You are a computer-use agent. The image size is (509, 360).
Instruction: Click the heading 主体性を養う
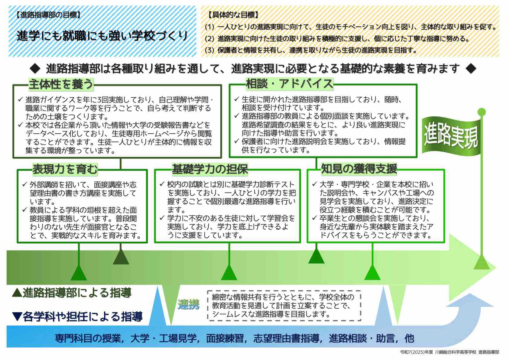coord(61,84)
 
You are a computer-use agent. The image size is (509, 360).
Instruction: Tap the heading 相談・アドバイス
coord(290,84)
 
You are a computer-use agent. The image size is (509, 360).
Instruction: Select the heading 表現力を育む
coord(65,169)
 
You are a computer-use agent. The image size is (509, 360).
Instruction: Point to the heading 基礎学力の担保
coord(210,169)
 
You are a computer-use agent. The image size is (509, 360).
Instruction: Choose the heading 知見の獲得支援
coord(359,169)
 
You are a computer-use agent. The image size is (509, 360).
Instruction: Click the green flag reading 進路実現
coord(451,136)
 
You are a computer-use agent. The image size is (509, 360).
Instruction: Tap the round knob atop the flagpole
coord(481,112)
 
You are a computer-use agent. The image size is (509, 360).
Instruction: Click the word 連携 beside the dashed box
coord(189,305)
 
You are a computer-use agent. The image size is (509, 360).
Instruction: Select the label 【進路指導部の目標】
coord(48,15)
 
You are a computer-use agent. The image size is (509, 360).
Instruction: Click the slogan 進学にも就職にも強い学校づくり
coord(102,36)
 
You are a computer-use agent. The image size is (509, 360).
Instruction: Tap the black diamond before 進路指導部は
coord(35,69)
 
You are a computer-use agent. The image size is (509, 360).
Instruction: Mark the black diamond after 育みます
coord(471,69)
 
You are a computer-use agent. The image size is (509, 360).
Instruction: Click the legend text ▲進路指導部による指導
coord(72,293)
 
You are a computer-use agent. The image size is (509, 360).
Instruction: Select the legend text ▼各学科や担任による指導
coord(77,316)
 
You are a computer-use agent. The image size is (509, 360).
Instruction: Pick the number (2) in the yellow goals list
coord(209,39)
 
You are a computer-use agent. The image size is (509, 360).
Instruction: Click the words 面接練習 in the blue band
coord(225,339)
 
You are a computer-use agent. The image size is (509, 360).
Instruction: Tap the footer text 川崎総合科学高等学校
coord(456,352)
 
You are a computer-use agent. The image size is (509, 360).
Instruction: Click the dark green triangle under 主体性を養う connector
coord(121,256)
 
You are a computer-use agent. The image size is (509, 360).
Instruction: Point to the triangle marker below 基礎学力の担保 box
coord(229,272)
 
